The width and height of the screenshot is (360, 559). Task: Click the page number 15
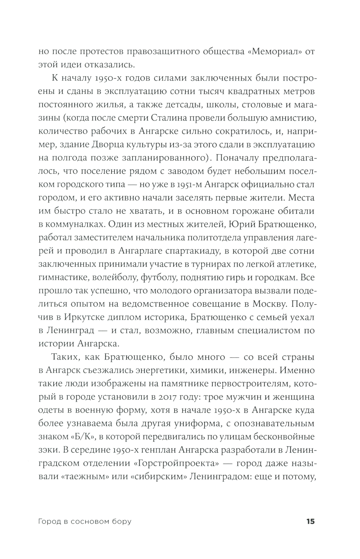pyautogui.click(x=310, y=521)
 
